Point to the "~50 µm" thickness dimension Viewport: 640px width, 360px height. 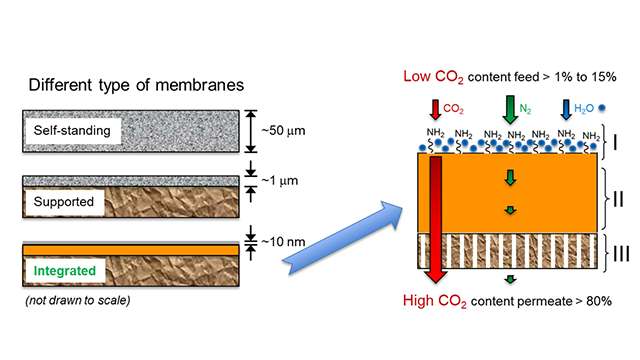279,130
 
